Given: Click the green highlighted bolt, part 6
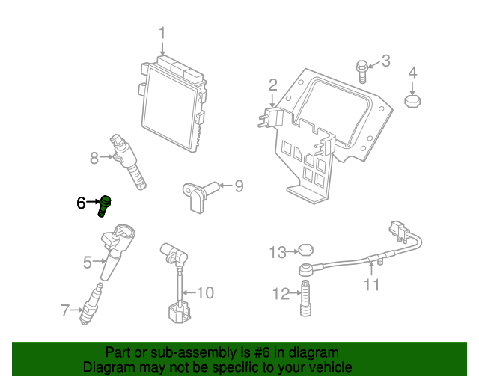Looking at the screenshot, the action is pos(104,206).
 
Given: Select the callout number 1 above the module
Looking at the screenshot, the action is pos(162,33).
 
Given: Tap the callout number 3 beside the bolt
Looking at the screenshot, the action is pos(386,61).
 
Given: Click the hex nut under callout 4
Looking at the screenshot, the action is pos(412,101).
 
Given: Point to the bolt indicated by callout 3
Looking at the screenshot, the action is pos(362,72).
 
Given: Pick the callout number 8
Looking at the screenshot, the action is pos(94,158).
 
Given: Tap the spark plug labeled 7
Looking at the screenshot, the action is pos(91,304).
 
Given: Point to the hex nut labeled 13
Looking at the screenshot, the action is pos(306,250).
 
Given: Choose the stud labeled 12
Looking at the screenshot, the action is pos(306,298).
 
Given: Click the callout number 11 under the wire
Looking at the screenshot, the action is pos(371,285).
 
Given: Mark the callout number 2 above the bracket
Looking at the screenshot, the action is pos(272,85).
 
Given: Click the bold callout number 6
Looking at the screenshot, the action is pos(81,203).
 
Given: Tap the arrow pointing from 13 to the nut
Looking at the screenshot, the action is pos(293,251).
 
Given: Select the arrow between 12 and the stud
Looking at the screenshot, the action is pos(296,293).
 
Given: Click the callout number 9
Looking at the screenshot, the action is pos(239,186).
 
